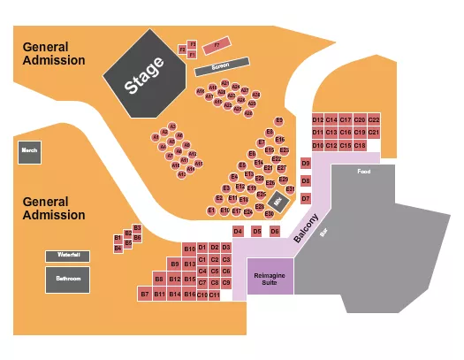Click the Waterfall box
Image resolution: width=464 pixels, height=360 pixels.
click(x=68, y=255)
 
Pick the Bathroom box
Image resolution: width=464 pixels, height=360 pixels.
click(x=68, y=279)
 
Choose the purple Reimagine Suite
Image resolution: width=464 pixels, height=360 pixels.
click(x=270, y=276)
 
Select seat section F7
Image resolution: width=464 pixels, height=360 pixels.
click(x=216, y=43)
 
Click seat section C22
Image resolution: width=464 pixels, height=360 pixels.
click(x=373, y=119)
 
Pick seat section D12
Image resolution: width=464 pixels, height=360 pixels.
click(x=318, y=119)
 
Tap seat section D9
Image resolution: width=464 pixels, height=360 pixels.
click(x=306, y=164)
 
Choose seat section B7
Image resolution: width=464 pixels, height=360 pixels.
click(x=145, y=294)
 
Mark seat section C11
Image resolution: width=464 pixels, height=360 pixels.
click(x=214, y=294)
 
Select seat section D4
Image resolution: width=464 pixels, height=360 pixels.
click(x=238, y=232)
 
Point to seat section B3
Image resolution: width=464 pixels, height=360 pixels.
click(x=137, y=227)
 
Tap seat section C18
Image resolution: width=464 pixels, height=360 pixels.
click(x=359, y=144)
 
